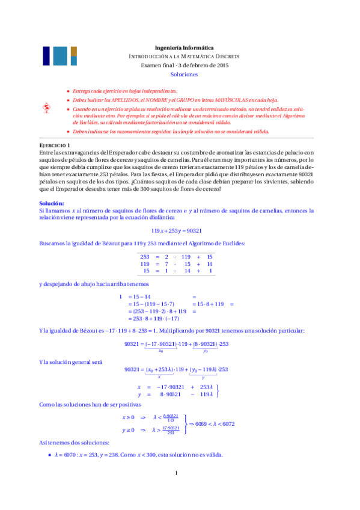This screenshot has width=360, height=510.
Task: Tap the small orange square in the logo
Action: tap(74, 50)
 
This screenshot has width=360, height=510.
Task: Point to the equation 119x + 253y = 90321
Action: tap(179, 230)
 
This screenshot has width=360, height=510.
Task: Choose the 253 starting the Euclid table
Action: tap(144, 256)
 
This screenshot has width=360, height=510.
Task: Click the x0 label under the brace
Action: tap(161, 350)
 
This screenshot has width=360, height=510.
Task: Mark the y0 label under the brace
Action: tap(206, 350)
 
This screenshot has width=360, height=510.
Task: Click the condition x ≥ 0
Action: tap(129, 416)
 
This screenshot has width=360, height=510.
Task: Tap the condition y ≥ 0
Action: tap(129, 431)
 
